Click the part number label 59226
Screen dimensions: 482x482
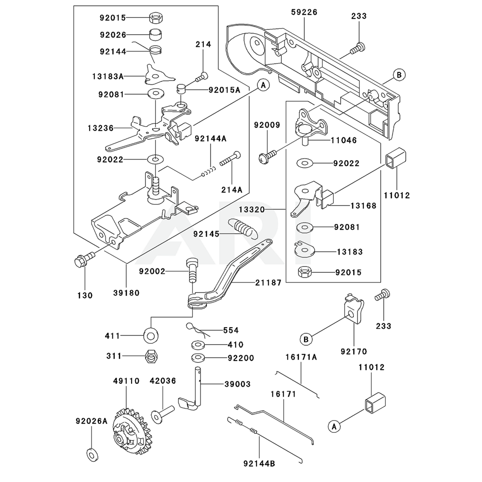(304, 13)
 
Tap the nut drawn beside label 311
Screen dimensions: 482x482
(150, 356)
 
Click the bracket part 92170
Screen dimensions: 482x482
(354, 308)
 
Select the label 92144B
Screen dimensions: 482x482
(259, 464)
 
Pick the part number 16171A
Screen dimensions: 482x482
(301, 358)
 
